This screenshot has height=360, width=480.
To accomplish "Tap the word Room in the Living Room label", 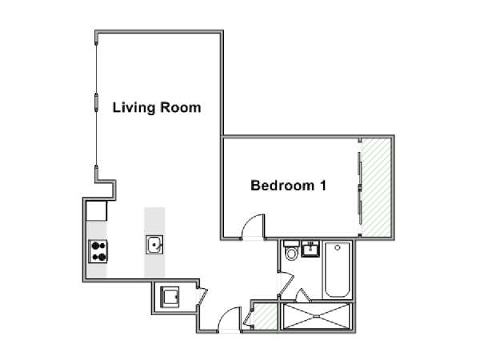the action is pyautogui.click(x=181, y=107).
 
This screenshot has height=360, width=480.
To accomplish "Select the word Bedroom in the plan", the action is pyautogui.click(x=282, y=186).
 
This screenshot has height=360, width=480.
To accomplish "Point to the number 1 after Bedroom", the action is pyautogui.click(x=323, y=186).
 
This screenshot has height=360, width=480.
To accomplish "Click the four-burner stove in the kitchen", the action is pyautogui.click(x=98, y=251).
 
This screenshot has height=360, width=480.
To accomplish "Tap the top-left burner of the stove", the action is pyautogui.click(x=94, y=246).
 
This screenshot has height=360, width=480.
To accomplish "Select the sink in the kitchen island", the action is pyautogui.click(x=154, y=245).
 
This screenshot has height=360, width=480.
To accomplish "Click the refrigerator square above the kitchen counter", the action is pyautogui.click(x=97, y=211).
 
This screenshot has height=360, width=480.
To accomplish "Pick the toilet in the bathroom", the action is pyautogui.click(x=291, y=250).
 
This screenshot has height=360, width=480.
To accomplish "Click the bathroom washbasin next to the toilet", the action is pyautogui.click(x=310, y=249).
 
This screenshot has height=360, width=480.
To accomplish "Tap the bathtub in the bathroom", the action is pyautogui.click(x=337, y=270).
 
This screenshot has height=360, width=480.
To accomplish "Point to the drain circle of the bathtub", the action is pyautogui.click(x=338, y=247).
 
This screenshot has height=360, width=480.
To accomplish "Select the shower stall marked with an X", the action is pyautogui.click(x=316, y=317).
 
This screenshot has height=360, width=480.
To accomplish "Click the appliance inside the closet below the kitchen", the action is pyautogui.click(x=170, y=297).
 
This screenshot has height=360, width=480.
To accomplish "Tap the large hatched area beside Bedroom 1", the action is pyautogui.click(x=376, y=187).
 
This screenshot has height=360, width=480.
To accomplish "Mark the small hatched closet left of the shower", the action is pyautogui.click(x=266, y=317).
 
